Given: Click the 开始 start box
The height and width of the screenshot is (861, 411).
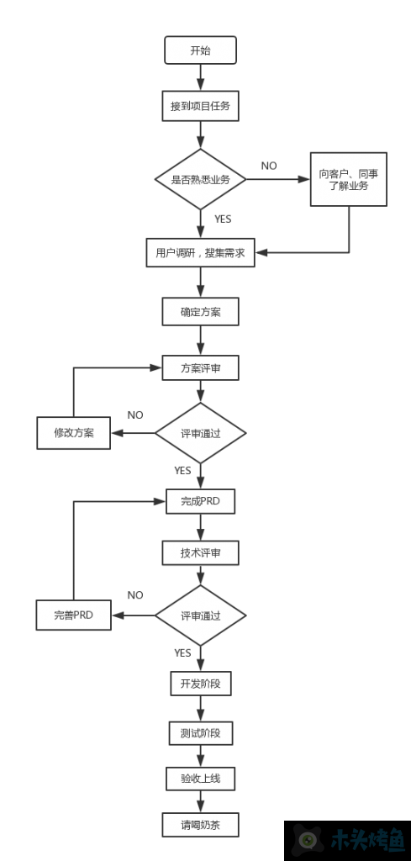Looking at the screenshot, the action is [200, 50].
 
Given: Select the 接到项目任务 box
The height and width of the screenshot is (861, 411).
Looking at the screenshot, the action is [200, 107].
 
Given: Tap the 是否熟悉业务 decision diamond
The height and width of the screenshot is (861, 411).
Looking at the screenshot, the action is [200, 180].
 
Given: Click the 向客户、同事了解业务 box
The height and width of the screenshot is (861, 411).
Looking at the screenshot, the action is [349, 180].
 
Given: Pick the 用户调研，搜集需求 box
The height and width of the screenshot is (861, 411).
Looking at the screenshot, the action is [200, 252].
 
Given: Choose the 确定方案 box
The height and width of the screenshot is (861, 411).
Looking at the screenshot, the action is [200, 312].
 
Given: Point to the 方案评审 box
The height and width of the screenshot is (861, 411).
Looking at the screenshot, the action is [200, 368].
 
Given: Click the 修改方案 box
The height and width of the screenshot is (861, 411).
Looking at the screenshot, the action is [73, 433].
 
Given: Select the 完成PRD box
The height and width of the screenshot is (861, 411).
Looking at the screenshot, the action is [200, 501].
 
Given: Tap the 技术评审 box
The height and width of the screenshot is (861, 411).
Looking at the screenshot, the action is [200, 553].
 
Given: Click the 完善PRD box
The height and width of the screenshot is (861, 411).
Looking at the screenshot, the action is [73, 615].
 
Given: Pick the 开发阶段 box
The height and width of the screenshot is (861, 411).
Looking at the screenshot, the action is [200, 684].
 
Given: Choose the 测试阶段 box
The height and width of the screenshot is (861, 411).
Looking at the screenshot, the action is [200, 733].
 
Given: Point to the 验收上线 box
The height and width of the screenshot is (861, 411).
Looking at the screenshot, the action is [200, 779].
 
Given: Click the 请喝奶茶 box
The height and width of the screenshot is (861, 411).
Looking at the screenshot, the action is [200, 825].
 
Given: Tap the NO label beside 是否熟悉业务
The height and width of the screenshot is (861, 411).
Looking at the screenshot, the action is [269, 166].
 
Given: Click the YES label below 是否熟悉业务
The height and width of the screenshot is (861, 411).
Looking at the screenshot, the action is [223, 219].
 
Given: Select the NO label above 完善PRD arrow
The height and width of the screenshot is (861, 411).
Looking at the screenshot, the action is [135, 595].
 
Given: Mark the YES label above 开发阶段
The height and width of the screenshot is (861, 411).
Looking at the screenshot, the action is [182, 652].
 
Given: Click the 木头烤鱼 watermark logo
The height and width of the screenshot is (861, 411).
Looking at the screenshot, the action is [347, 841].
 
